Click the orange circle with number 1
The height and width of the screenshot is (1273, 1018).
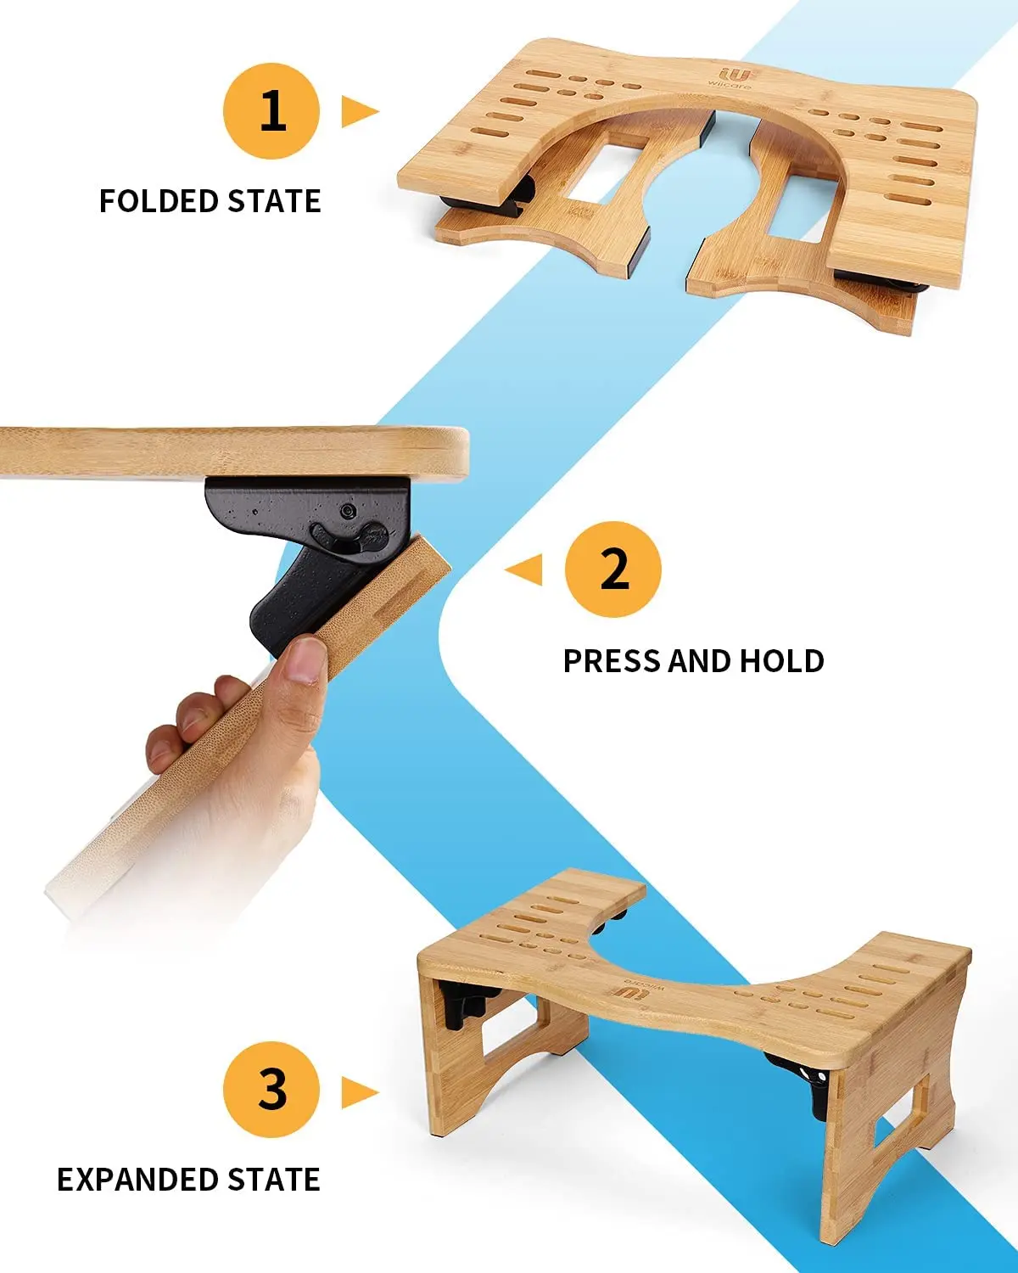coord(271,111)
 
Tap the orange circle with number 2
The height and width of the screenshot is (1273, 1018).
coord(613,569)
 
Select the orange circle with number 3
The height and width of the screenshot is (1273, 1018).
coord(271,1089)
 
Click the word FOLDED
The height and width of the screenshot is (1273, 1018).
coord(159,202)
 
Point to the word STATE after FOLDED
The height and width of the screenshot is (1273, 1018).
coord(274,202)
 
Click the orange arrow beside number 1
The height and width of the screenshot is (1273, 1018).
coord(358,111)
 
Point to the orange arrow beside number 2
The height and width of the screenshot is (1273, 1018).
coord(525,569)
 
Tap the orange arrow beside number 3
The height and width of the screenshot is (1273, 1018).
coord(358,1091)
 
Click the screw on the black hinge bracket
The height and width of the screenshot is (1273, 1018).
coord(348,511)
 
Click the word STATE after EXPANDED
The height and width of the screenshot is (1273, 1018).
coord(273,1180)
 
